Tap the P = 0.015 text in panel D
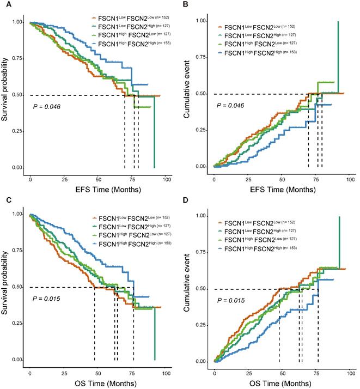click(232, 300)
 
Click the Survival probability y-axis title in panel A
click(8, 96)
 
